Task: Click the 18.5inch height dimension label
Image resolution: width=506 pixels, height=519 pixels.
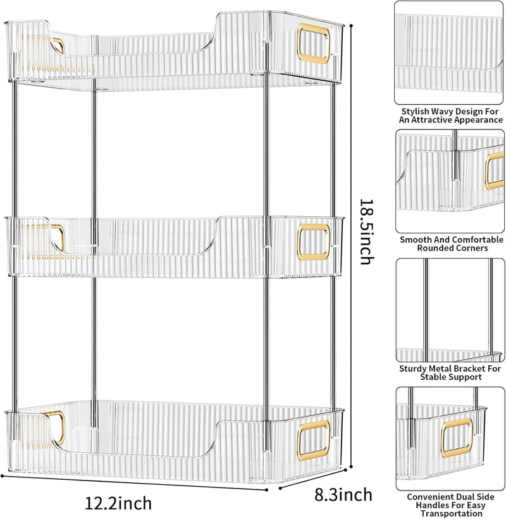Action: coord(367,232)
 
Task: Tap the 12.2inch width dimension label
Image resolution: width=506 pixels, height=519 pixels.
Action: coord(118,503)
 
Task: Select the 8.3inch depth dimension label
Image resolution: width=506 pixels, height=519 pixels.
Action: coord(343,495)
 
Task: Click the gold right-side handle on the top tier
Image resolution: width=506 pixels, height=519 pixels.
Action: coord(313,43)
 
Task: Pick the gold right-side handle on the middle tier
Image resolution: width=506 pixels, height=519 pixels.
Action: coord(313,242)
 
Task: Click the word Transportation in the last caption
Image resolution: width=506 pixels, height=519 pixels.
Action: coord(452,514)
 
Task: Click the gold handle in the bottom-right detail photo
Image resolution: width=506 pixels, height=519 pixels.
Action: coord(457,437)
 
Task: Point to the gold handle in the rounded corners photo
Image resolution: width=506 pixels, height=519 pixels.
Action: coord(495,171)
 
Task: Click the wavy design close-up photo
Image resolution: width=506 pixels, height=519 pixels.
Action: coord(448,53)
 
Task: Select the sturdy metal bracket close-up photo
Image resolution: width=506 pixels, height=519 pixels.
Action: coord(450,310)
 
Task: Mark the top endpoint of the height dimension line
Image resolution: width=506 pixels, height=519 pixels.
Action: coord(351,25)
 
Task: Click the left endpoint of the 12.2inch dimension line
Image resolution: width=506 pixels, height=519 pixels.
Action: coord(2,476)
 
